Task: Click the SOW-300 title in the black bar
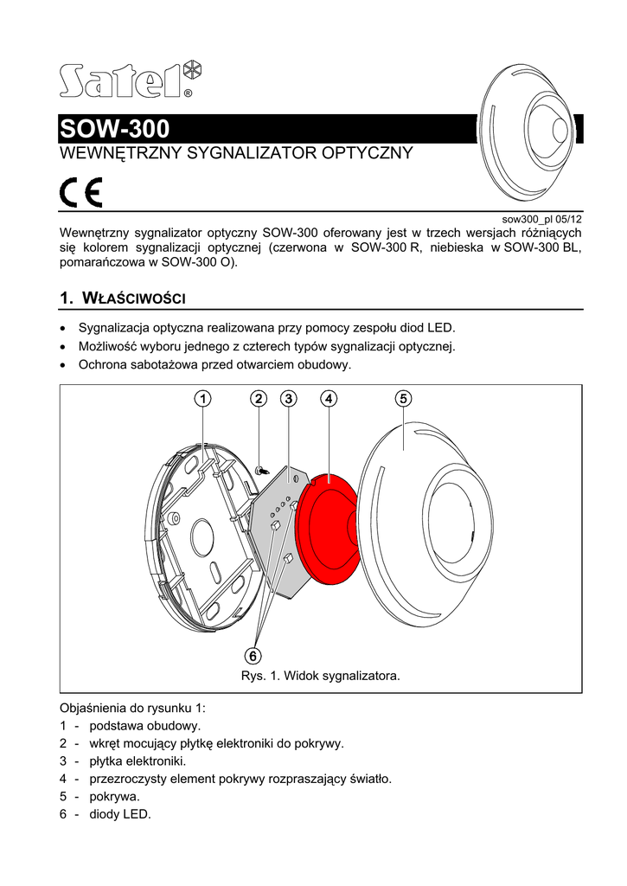pos(114,130)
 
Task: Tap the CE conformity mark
pos(80,192)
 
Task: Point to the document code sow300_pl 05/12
pos(543,220)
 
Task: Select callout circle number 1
pos(201,399)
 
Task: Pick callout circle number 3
pos(288,399)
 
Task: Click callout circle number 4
pos(328,399)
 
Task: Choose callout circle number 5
pos(403,399)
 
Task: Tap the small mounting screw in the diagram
pos(260,469)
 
